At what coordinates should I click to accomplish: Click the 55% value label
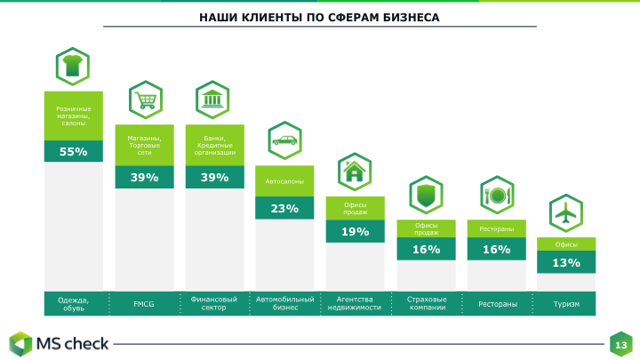coord(74,152)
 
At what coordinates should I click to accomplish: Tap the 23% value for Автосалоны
coord(284,209)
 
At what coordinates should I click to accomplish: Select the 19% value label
coord(355,232)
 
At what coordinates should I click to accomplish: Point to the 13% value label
coord(566,263)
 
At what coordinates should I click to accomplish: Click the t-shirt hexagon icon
coord(73,66)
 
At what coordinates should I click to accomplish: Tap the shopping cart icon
coord(143,100)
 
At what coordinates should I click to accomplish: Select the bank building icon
coord(213,100)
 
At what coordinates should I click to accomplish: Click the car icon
coord(284,140)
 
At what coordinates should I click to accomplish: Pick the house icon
coord(355,172)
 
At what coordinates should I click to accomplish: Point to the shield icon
coord(426,195)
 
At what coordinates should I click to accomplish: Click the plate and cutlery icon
coord(496,195)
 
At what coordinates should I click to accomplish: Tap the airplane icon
coord(566,213)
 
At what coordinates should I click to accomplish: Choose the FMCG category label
coord(143,304)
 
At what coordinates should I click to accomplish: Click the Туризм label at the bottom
coord(566,304)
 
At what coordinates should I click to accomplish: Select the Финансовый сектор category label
coord(213,304)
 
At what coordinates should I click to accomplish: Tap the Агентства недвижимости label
coord(355,304)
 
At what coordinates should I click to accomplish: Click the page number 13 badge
coord(620,344)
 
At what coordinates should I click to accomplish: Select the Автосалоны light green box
coord(284,181)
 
